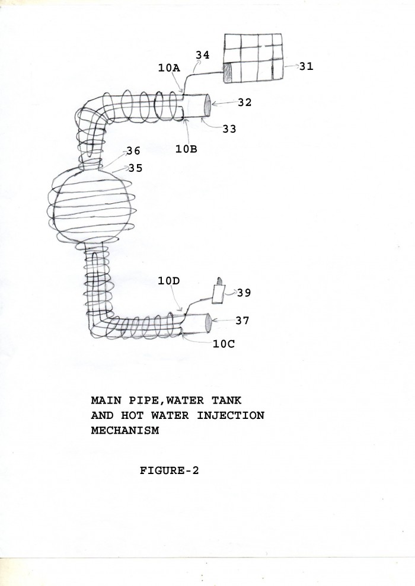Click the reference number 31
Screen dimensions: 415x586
pyautogui.click(x=306, y=66)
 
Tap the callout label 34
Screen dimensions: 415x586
pyautogui.click(x=203, y=55)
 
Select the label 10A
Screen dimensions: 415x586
pyautogui.click(x=169, y=68)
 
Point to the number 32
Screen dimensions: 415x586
pyautogui.click(x=245, y=103)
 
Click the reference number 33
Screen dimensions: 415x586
pyautogui.click(x=229, y=129)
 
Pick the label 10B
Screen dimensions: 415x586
pyautogui.click(x=186, y=149)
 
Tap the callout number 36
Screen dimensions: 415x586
pyautogui.click(x=133, y=151)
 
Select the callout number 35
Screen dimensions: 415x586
pyautogui.click(x=136, y=168)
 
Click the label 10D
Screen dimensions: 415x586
pyautogui.click(x=168, y=281)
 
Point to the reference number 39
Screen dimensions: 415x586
pyautogui.click(x=244, y=293)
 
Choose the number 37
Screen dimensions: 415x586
pyautogui.click(x=242, y=321)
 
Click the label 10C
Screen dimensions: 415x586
pyautogui.click(x=224, y=344)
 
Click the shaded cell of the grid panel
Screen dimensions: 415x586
pyautogui.click(x=228, y=72)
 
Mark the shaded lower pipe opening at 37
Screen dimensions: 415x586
pyautogui.click(x=208, y=324)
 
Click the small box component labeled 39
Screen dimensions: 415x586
pyautogui.click(x=218, y=294)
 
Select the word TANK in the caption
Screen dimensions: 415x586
pyautogui.click(x=226, y=401)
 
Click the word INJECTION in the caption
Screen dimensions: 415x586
pyautogui.click(x=231, y=415)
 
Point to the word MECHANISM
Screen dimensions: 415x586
pyautogui.click(x=125, y=430)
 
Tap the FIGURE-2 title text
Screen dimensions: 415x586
pyautogui.click(x=170, y=470)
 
